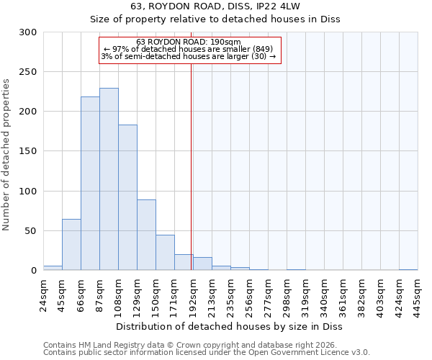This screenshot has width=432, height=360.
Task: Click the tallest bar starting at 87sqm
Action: point(109,179)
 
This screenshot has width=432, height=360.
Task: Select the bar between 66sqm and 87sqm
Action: point(90,184)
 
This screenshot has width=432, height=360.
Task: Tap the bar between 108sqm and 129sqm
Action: point(127,197)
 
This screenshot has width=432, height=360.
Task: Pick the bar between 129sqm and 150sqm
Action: point(146,235)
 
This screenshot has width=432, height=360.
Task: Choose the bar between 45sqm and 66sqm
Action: point(71,245)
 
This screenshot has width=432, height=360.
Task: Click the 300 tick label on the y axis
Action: point(28,32)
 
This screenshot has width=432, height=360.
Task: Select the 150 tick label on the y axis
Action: point(28,151)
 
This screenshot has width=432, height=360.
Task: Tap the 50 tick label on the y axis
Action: point(31,231)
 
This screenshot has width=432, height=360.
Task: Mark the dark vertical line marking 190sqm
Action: point(191,166)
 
